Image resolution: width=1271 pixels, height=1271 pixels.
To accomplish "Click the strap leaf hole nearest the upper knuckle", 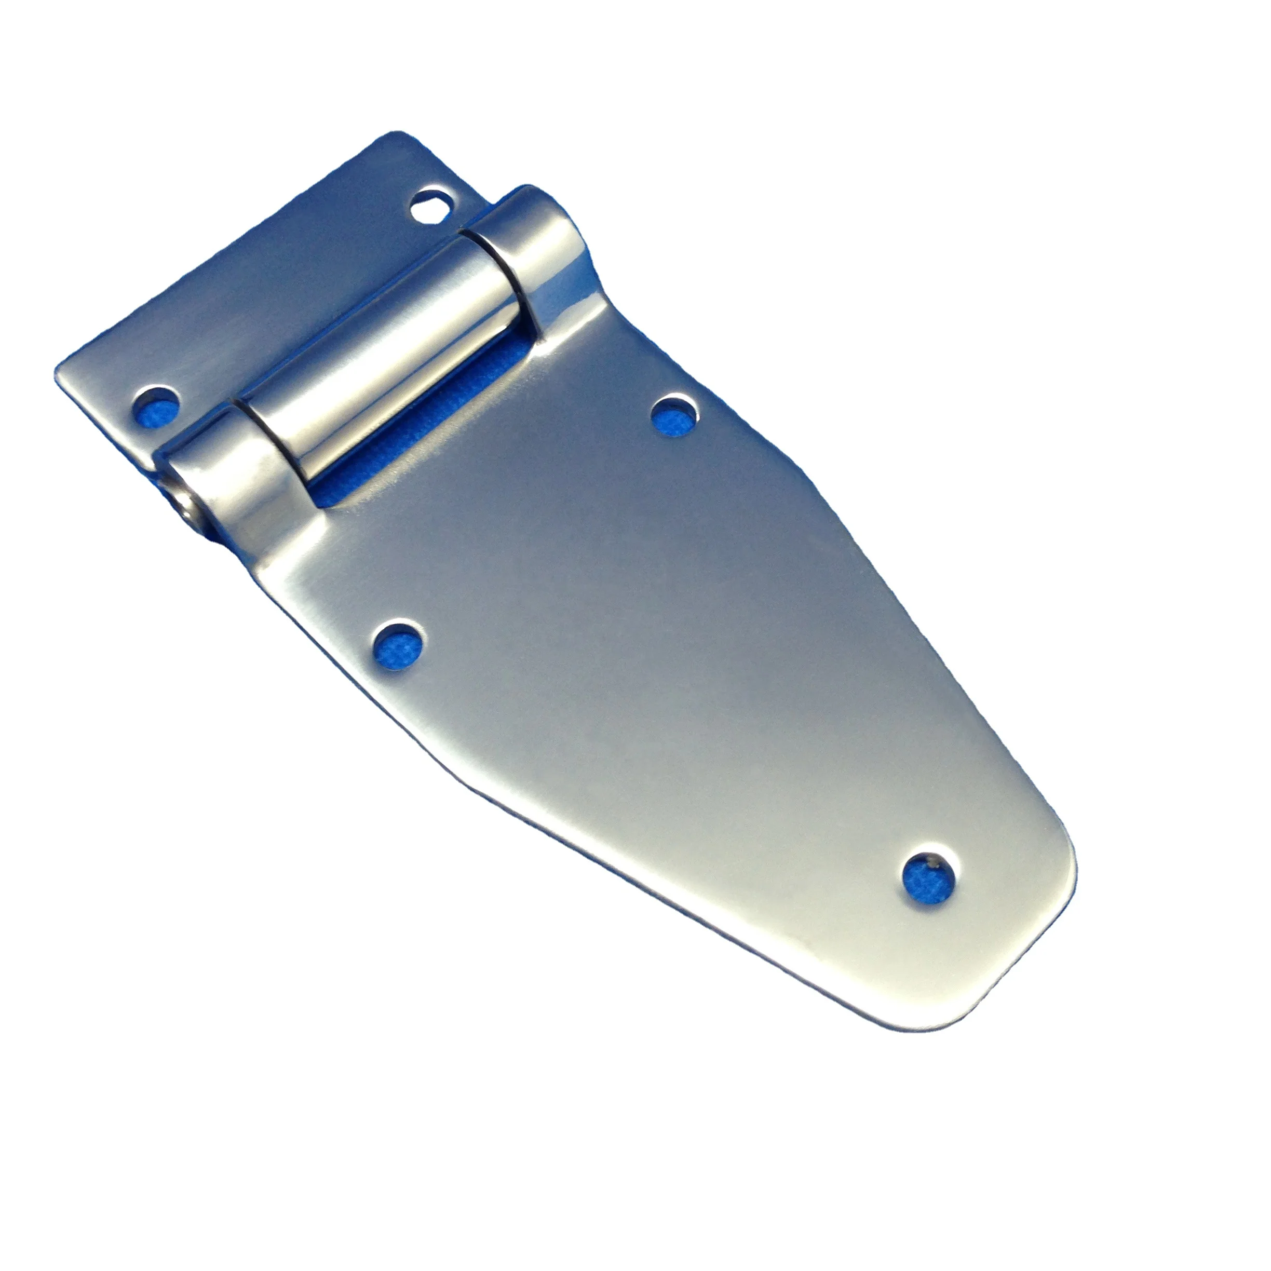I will click(x=674, y=414).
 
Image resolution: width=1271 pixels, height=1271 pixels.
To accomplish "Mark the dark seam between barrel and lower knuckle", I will click(x=263, y=434).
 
